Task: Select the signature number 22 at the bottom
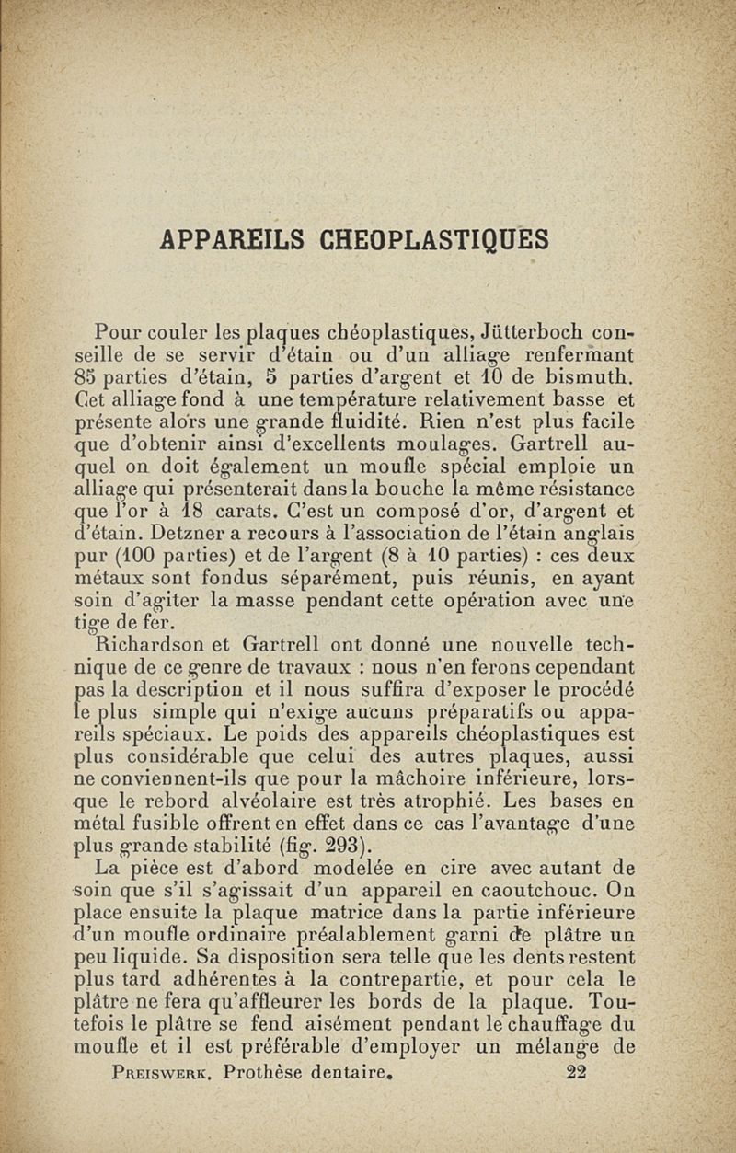[x=577, y=1072]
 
